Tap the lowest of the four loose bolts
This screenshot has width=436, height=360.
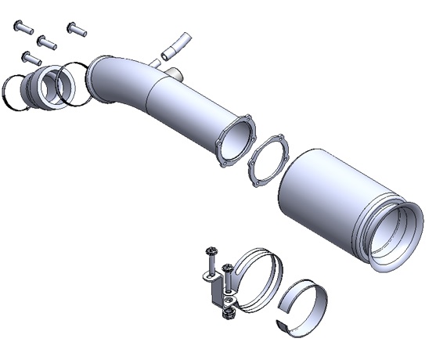pos(31,57)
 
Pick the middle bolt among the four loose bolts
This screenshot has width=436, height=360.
pos(47,42)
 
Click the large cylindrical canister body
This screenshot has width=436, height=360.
pos(321,196)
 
